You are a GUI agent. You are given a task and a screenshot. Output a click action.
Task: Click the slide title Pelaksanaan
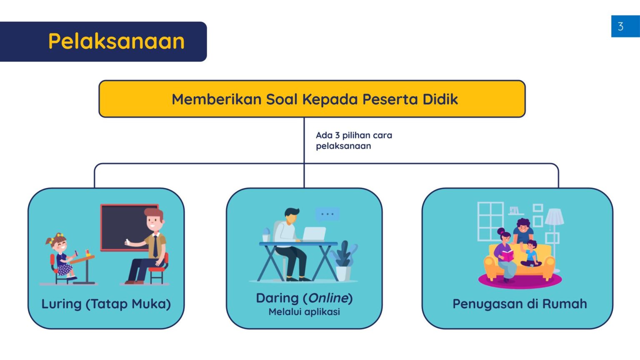pyautogui.click(x=116, y=41)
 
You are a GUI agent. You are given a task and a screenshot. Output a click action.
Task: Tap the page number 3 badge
pyautogui.click(x=621, y=27)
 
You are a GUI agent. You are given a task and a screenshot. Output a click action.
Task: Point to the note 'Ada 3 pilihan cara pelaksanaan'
pyautogui.click(x=354, y=140)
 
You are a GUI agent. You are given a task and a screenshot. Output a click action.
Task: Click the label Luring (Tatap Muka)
pyautogui.click(x=106, y=304)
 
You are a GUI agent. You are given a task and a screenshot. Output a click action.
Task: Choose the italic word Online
pyautogui.click(x=328, y=298)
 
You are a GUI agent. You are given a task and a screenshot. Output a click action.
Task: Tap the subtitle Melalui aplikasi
pyautogui.click(x=304, y=312)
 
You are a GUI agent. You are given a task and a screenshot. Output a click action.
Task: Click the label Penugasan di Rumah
pyautogui.click(x=520, y=304)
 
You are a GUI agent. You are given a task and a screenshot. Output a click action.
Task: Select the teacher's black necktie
pyautogui.click(x=155, y=245)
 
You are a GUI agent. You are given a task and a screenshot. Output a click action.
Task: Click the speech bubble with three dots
pyautogui.click(x=327, y=214)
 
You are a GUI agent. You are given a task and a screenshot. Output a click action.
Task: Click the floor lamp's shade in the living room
pyautogui.click(x=554, y=217)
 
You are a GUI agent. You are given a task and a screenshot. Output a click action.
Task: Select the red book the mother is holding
pyautogui.click(x=507, y=255)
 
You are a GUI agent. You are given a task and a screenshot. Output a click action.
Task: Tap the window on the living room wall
pyautogui.click(x=490, y=221)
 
